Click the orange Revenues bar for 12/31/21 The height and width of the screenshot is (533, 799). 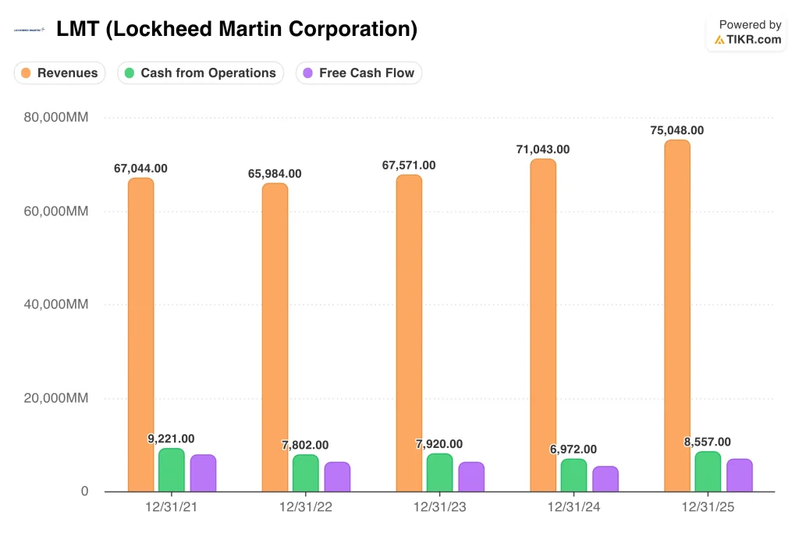point(140,336)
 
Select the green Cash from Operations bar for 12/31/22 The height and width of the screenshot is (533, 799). point(306,473)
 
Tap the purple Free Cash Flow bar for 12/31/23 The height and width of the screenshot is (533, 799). point(471,477)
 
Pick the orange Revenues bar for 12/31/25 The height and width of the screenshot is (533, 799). point(676,316)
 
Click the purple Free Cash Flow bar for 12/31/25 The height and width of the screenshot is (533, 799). point(739,475)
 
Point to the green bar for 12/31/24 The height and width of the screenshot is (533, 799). point(574,475)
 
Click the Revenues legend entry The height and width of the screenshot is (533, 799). point(60,73)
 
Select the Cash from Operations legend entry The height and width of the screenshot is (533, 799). point(201,73)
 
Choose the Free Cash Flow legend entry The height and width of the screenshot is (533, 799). point(359,73)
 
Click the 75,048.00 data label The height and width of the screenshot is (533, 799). point(676,130)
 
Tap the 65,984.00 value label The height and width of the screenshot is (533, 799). point(275,173)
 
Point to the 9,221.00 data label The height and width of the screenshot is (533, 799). point(171,439)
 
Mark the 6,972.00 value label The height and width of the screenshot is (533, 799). point(574,449)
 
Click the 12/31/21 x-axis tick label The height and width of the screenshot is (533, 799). point(172,506)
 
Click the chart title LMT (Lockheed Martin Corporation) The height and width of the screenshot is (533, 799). point(236,30)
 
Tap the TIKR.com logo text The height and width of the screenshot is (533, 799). point(755,39)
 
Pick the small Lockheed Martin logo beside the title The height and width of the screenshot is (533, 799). point(30,30)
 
